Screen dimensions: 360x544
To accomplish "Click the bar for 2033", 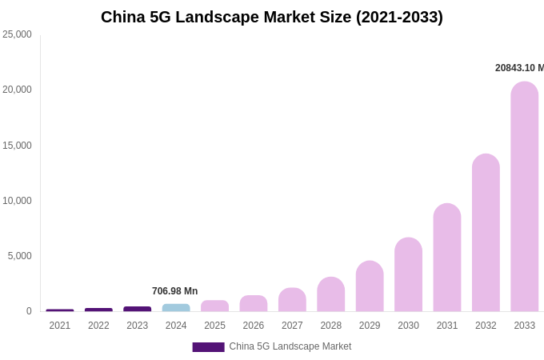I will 524,197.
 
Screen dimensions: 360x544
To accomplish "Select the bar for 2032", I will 486,233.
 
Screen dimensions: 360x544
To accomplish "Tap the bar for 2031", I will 447,258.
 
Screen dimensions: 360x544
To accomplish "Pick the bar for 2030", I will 408,274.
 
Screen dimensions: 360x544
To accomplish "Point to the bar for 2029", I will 370,286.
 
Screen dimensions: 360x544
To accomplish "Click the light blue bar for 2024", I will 176,308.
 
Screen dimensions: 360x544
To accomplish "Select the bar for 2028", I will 330,294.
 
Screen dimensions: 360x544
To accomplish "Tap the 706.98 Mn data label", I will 174,291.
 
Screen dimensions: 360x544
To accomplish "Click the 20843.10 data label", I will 518,68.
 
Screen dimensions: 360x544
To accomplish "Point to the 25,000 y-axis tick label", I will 17,34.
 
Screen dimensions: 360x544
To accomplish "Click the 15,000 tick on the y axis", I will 17,146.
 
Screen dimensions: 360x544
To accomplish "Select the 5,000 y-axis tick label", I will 19,256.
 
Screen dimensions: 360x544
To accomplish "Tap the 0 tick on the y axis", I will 29,311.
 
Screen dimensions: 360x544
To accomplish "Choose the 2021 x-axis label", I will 60,326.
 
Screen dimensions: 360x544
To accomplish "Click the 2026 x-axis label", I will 254,326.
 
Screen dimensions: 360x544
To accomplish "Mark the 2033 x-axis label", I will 524,326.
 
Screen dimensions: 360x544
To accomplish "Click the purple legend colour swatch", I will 208,347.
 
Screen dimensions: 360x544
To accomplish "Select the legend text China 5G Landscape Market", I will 290,346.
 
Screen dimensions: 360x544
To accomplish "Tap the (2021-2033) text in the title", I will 399,17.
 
